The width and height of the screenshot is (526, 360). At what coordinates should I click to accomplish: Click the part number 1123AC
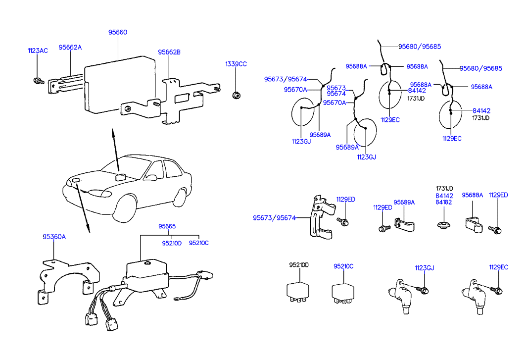[38, 51]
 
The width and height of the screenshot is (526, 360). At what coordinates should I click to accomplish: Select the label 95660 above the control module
[118, 32]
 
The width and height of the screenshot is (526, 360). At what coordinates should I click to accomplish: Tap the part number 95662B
[169, 52]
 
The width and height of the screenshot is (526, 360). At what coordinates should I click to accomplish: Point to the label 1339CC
[236, 64]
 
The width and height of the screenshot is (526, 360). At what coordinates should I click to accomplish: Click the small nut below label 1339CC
[237, 94]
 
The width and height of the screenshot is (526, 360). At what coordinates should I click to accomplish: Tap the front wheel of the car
[124, 208]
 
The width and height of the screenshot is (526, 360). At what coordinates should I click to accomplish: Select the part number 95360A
[53, 237]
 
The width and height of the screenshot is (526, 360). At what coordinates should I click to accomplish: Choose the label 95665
[167, 226]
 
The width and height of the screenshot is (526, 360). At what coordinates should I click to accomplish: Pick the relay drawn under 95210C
[343, 292]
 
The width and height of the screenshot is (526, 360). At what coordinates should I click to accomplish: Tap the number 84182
[444, 202]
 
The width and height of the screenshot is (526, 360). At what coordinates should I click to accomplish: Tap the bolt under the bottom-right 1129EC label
[497, 289]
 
